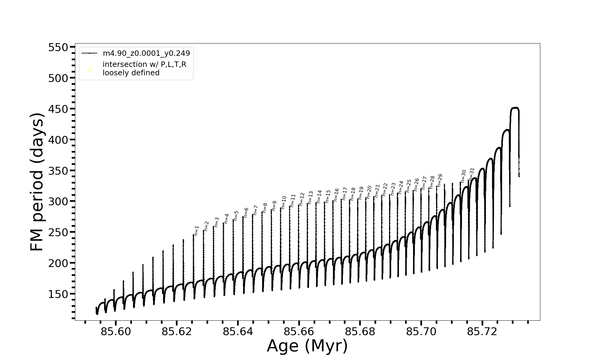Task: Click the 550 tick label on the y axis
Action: pyautogui.click(x=58, y=47)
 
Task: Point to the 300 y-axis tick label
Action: pyautogui.click(x=58, y=201)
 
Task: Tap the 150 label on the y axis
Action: pyautogui.click(x=58, y=294)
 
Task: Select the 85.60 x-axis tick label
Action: pyautogui.click(x=115, y=331)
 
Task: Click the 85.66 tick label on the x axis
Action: pyautogui.click(x=299, y=331)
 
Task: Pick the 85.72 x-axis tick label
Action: pyautogui.click(x=482, y=331)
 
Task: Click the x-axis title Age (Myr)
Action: pyautogui.click(x=307, y=346)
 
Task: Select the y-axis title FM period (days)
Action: pyautogui.click(x=37, y=182)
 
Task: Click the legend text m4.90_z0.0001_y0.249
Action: pyautogui.click(x=146, y=53)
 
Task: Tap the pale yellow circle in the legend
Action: pyautogui.click(x=89, y=70)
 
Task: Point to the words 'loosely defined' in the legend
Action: pyautogui.click(x=131, y=73)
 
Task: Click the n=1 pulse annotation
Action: pyautogui.click(x=196, y=230)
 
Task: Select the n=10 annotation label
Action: pyautogui.click(x=284, y=202)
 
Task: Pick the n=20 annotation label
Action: pyautogui.click(x=369, y=192)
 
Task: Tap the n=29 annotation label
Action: pyautogui.click(x=440, y=181)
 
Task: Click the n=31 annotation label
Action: pyautogui.click(x=472, y=174)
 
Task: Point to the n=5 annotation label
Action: pyautogui.click(x=236, y=215)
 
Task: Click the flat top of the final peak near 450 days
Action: pyautogui.click(x=515, y=108)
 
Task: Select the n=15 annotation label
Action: pyautogui.click(x=328, y=196)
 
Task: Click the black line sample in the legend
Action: pyautogui.click(x=89, y=53)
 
